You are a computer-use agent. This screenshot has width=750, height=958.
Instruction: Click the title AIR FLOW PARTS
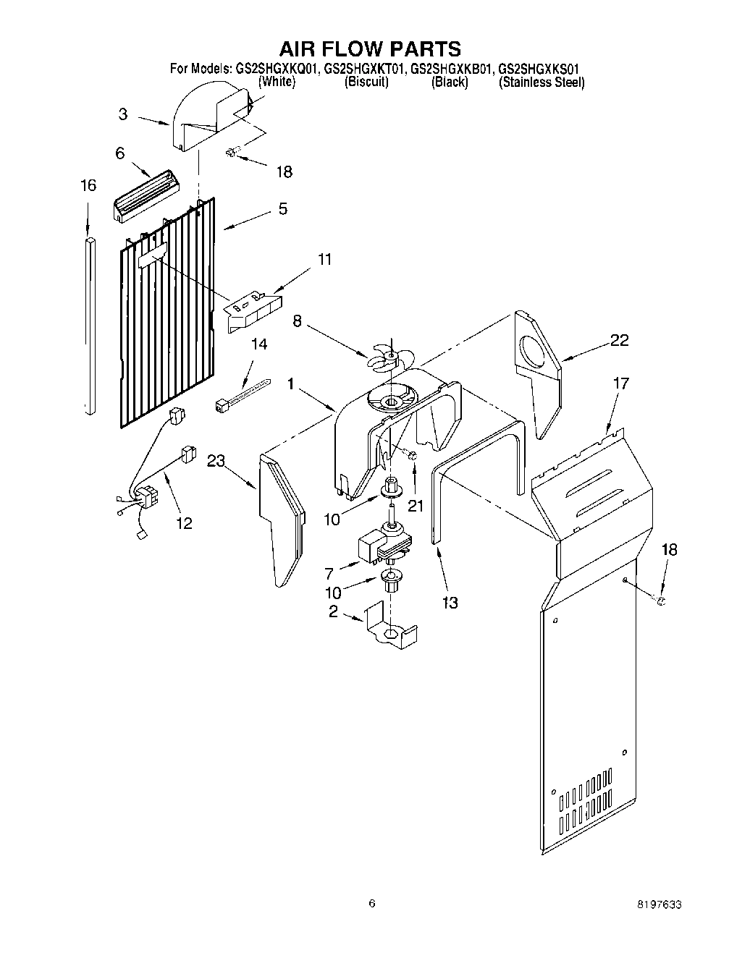[369, 48]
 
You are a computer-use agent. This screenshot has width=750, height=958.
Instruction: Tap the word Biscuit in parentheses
[366, 82]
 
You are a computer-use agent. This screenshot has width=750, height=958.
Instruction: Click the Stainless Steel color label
[541, 82]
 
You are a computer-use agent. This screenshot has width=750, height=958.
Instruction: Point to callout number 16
[88, 186]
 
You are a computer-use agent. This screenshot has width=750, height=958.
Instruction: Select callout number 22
[619, 341]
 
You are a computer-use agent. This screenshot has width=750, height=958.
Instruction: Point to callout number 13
[450, 602]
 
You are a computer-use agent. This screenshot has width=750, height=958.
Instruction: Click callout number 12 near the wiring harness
[184, 523]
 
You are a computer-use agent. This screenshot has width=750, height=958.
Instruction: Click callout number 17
[620, 383]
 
